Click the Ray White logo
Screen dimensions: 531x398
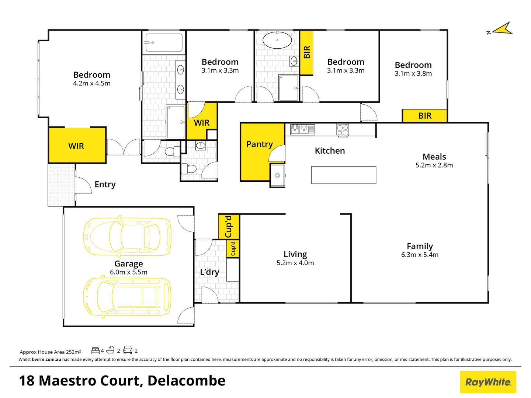[x=488, y=382]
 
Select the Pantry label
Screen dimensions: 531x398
[x=259, y=144]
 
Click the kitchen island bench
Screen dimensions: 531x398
[x=344, y=175]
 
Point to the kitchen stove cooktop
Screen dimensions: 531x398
[x=343, y=130]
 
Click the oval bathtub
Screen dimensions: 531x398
[x=277, y=40]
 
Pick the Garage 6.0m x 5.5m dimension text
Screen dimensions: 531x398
[x=128, y=272]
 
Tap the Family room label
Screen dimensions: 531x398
[x=420, y=246]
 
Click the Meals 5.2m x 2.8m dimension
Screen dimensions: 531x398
[x=434, y=165]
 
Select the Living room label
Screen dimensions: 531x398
[x=295, y=254]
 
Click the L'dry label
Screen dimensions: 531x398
[x=209, y=272]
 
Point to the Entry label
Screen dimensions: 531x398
[x=105, y=184]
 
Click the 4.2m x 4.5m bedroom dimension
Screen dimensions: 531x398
[x=92, y=83]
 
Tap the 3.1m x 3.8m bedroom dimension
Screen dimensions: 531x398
[x=413, y=73]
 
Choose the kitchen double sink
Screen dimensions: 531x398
[x=303, y=129]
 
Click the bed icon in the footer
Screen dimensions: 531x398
[x=95, y=350]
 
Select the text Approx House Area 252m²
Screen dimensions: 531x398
[x=50, y=352]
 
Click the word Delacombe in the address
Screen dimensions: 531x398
[x=186, y=381]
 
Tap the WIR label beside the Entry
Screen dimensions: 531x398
[x=76, y=146]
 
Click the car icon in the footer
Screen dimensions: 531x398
[x=128, y=350]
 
